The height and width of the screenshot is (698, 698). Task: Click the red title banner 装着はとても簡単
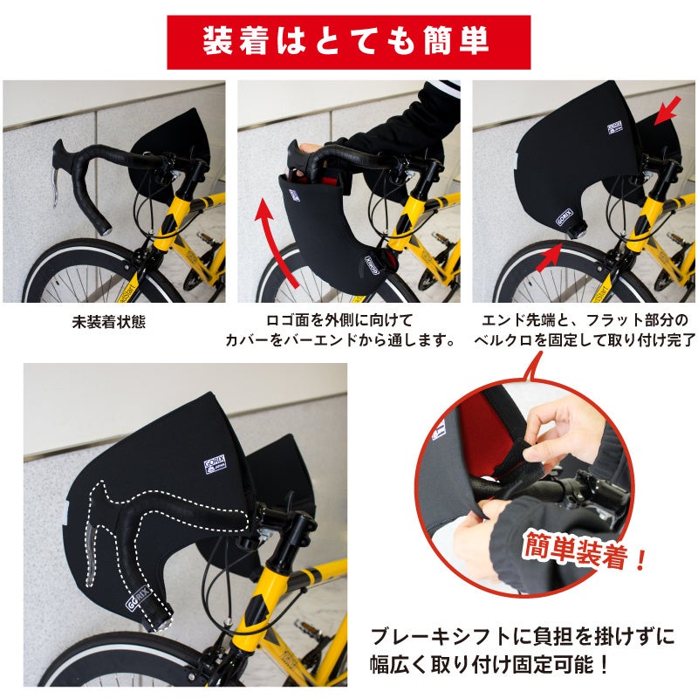[348, 42]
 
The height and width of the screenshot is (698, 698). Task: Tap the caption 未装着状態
[109, 322]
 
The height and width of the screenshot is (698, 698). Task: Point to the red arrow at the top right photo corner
[667, 110]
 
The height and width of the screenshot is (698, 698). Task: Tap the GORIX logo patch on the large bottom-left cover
[215, 464]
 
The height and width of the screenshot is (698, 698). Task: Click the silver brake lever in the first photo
[55, 188]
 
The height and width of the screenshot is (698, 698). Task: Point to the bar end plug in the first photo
[105, 230]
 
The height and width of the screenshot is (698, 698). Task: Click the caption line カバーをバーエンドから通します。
[340, 340]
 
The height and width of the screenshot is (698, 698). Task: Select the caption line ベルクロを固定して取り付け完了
[585, 340]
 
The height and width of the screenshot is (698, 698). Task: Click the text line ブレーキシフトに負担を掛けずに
[523, 636]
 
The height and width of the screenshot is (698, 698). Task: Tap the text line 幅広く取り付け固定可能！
[489, 665]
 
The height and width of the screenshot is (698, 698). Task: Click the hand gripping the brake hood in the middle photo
[310, 149]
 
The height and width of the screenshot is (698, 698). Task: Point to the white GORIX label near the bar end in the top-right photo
[565, 216]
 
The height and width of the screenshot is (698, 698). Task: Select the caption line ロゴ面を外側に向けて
[339, 320]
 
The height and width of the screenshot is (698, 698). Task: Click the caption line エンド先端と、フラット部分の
[585, 320]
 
